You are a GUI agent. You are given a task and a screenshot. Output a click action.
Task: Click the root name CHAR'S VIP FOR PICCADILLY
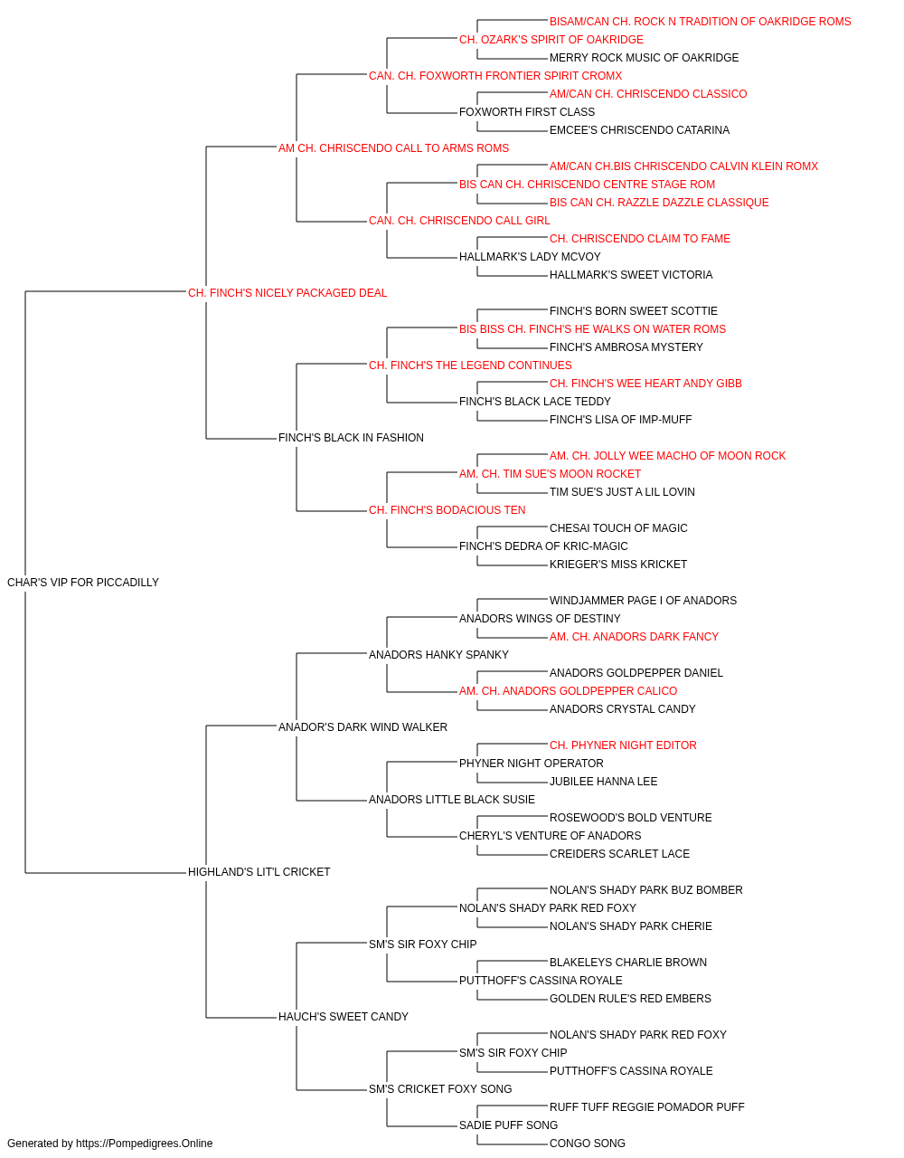pos(83,583)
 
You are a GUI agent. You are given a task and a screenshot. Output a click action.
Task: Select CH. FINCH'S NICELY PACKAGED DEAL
pos(287,293)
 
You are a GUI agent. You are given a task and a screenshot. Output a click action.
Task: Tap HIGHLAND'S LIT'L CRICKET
pos(259,872)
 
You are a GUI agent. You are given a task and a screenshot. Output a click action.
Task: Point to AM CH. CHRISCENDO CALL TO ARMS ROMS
pos(393,148)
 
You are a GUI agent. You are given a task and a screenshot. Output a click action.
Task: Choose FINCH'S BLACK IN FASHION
pos(351,438)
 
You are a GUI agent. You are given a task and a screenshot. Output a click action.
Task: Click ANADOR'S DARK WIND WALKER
pos(363,726)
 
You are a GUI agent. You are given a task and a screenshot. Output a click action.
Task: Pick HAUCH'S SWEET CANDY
pos(344,1016)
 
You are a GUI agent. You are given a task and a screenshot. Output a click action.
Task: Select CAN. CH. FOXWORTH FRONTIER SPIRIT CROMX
pos(495,76)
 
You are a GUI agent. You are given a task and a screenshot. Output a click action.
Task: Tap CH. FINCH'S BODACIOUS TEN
pos(447,510)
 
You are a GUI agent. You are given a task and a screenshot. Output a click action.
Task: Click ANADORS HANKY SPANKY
pos(438,654)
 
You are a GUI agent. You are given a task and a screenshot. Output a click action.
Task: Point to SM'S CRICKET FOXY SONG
pos(440,1088)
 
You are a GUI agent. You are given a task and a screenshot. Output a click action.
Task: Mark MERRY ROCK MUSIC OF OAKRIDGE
pos(645,58)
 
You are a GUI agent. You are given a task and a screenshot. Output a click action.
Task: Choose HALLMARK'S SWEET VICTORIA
pos(631,275)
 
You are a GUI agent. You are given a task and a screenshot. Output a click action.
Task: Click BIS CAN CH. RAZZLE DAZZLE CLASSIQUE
pos(659,203)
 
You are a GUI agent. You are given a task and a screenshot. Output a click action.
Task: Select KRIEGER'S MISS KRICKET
pos(618,565)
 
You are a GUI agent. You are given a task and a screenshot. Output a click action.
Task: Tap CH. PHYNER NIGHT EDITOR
pos(623,745)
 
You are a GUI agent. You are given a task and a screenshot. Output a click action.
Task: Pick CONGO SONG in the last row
pos(588,1144)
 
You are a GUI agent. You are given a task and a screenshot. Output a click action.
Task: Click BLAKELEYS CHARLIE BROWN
pos(628,963)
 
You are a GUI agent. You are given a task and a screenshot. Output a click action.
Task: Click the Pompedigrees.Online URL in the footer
pos(144,1144)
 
